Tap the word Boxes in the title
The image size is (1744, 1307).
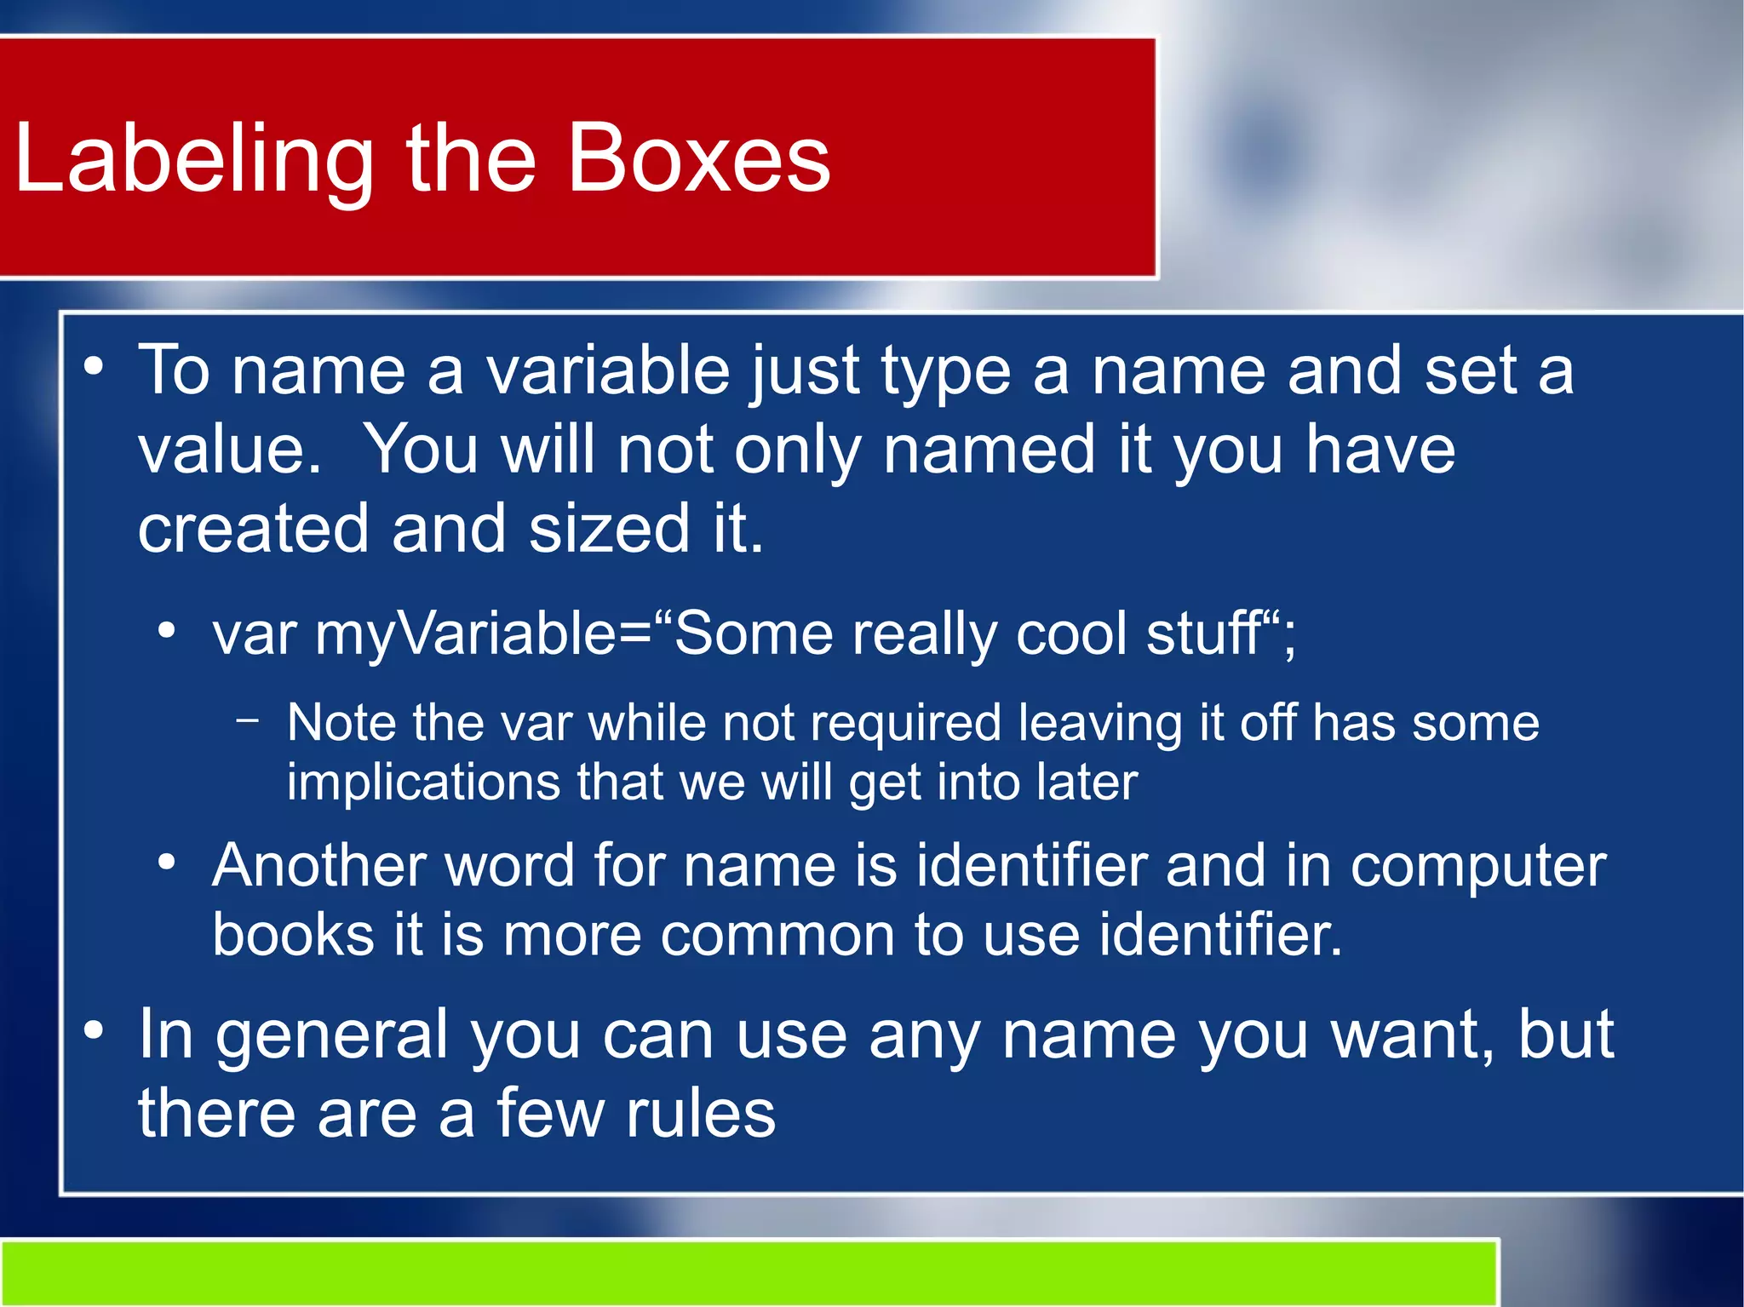698,158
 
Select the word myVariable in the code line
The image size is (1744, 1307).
465,634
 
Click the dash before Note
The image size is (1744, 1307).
248,721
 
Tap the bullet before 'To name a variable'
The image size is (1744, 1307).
94,367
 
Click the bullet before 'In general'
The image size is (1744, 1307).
94,1031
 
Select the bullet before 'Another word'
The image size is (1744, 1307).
167,863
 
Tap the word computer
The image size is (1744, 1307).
1478,867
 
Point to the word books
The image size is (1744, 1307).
293,935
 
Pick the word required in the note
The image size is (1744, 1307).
905,725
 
